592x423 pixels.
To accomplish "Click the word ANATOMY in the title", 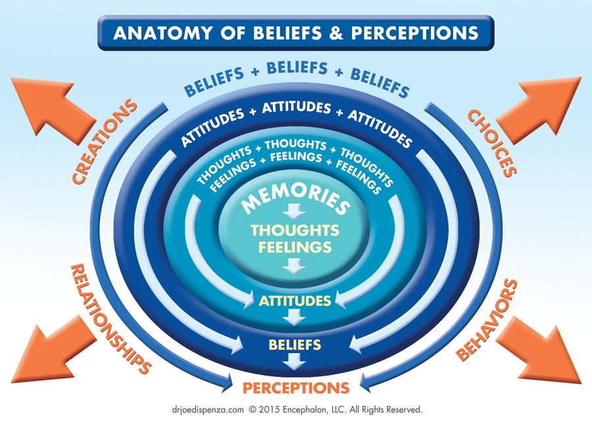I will click(162, 33).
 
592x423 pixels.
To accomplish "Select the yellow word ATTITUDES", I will click(295, 301).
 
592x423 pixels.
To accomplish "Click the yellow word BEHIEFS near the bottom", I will click(295, 343).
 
